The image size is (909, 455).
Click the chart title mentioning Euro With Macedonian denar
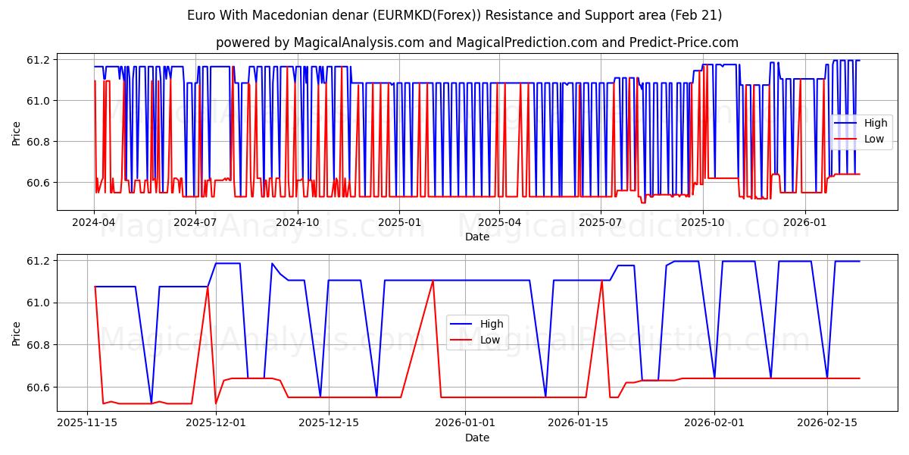(454, 15)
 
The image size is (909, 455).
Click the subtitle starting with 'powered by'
(476, 42)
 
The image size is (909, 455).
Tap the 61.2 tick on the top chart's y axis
(38, 60)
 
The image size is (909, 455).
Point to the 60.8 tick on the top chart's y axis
(38, 142)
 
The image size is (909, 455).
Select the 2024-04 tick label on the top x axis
(94, 222)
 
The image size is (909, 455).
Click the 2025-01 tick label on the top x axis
(398, 222)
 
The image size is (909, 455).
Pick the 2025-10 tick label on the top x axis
(703, 222)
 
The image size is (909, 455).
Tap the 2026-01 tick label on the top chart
(804, 222)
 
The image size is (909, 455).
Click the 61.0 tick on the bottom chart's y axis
(38, 303)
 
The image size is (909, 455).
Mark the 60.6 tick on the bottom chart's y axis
(38, 388)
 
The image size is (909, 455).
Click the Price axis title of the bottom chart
(16, 333)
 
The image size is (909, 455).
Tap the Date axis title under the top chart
(476, 237)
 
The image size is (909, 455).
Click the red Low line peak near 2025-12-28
(433, 281)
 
